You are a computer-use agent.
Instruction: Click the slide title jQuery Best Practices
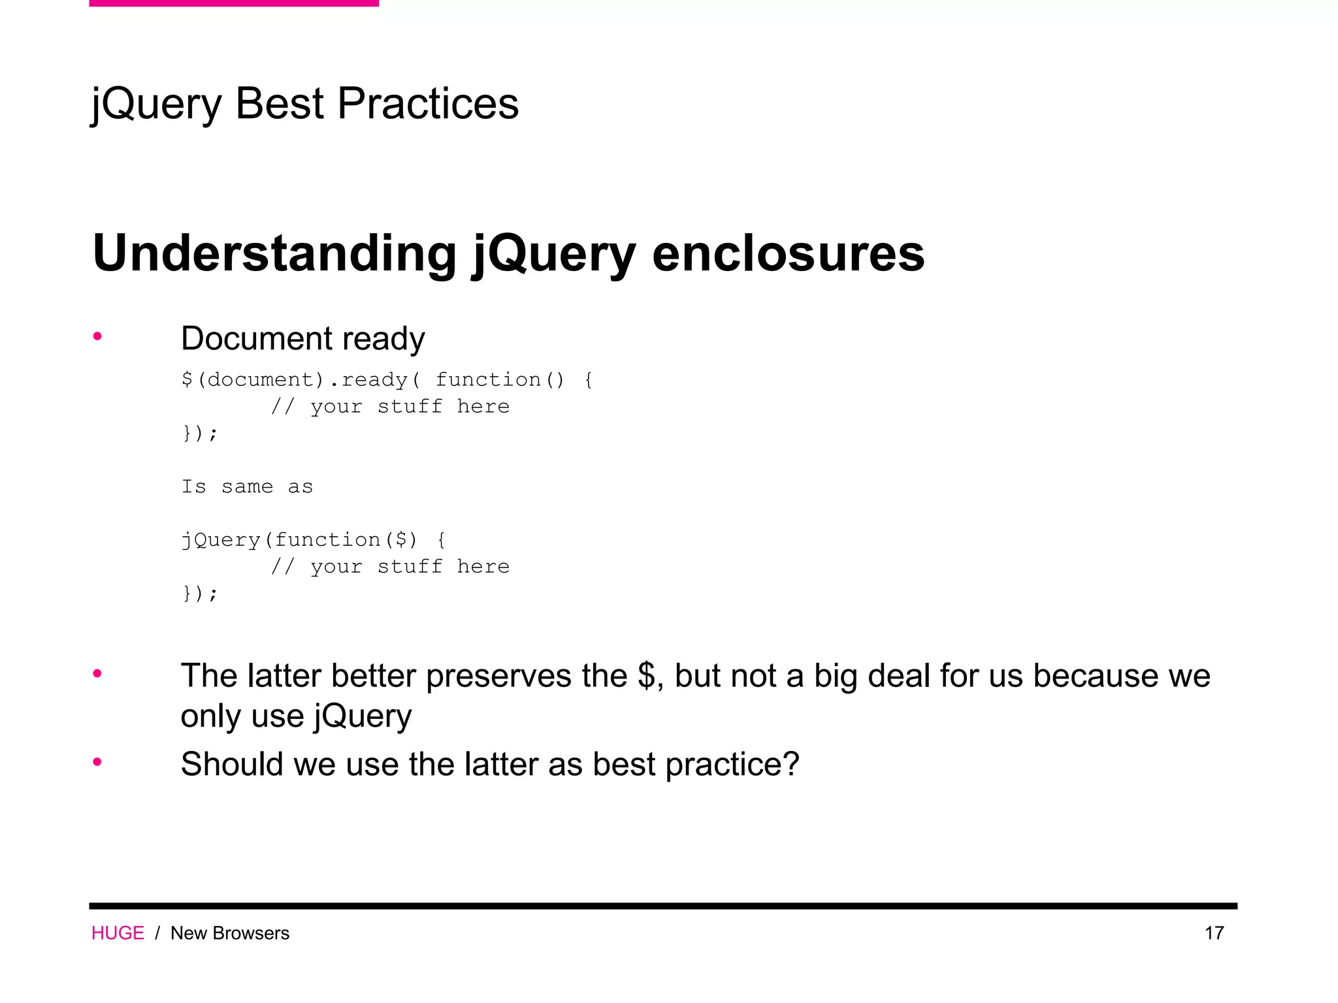tap(304, 104)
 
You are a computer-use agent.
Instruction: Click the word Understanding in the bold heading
tap(274, 253)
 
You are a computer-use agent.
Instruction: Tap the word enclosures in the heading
tap(788, 253)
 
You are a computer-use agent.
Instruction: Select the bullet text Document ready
tap(302, 339)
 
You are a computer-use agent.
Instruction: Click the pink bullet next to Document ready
tap(97, 337)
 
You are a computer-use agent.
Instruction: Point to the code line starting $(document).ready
tap(387, 379)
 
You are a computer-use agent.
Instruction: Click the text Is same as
tap(247, 486)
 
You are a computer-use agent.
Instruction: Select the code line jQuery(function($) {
tap(314, 540)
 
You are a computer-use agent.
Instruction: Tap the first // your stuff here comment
tap(390, 406)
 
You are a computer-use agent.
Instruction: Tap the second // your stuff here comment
tap(390, 566)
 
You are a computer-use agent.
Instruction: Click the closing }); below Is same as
tap(199, 593)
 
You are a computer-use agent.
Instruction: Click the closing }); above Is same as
tap(199, 433)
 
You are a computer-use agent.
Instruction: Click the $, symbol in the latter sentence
tap(649, 675)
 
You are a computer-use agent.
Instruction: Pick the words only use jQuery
tap(296, 716)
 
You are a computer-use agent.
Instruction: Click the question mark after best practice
tap(791, 763)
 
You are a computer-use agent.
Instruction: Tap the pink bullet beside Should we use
tap(97, 762)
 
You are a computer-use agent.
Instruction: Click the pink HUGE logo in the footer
tap(118, 933)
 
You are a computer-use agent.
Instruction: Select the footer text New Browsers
tap(229, 933)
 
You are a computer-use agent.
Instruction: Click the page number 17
tap(1214, 933)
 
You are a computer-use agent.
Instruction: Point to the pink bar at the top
tap(234, 3)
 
